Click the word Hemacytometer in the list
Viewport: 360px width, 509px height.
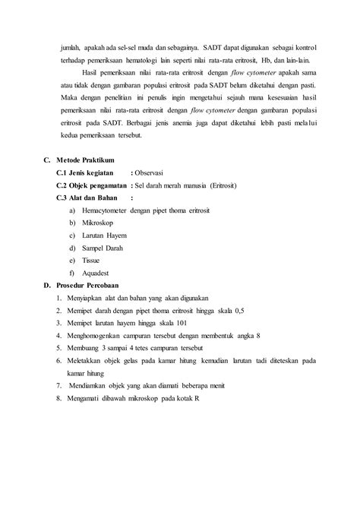[103, 210]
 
